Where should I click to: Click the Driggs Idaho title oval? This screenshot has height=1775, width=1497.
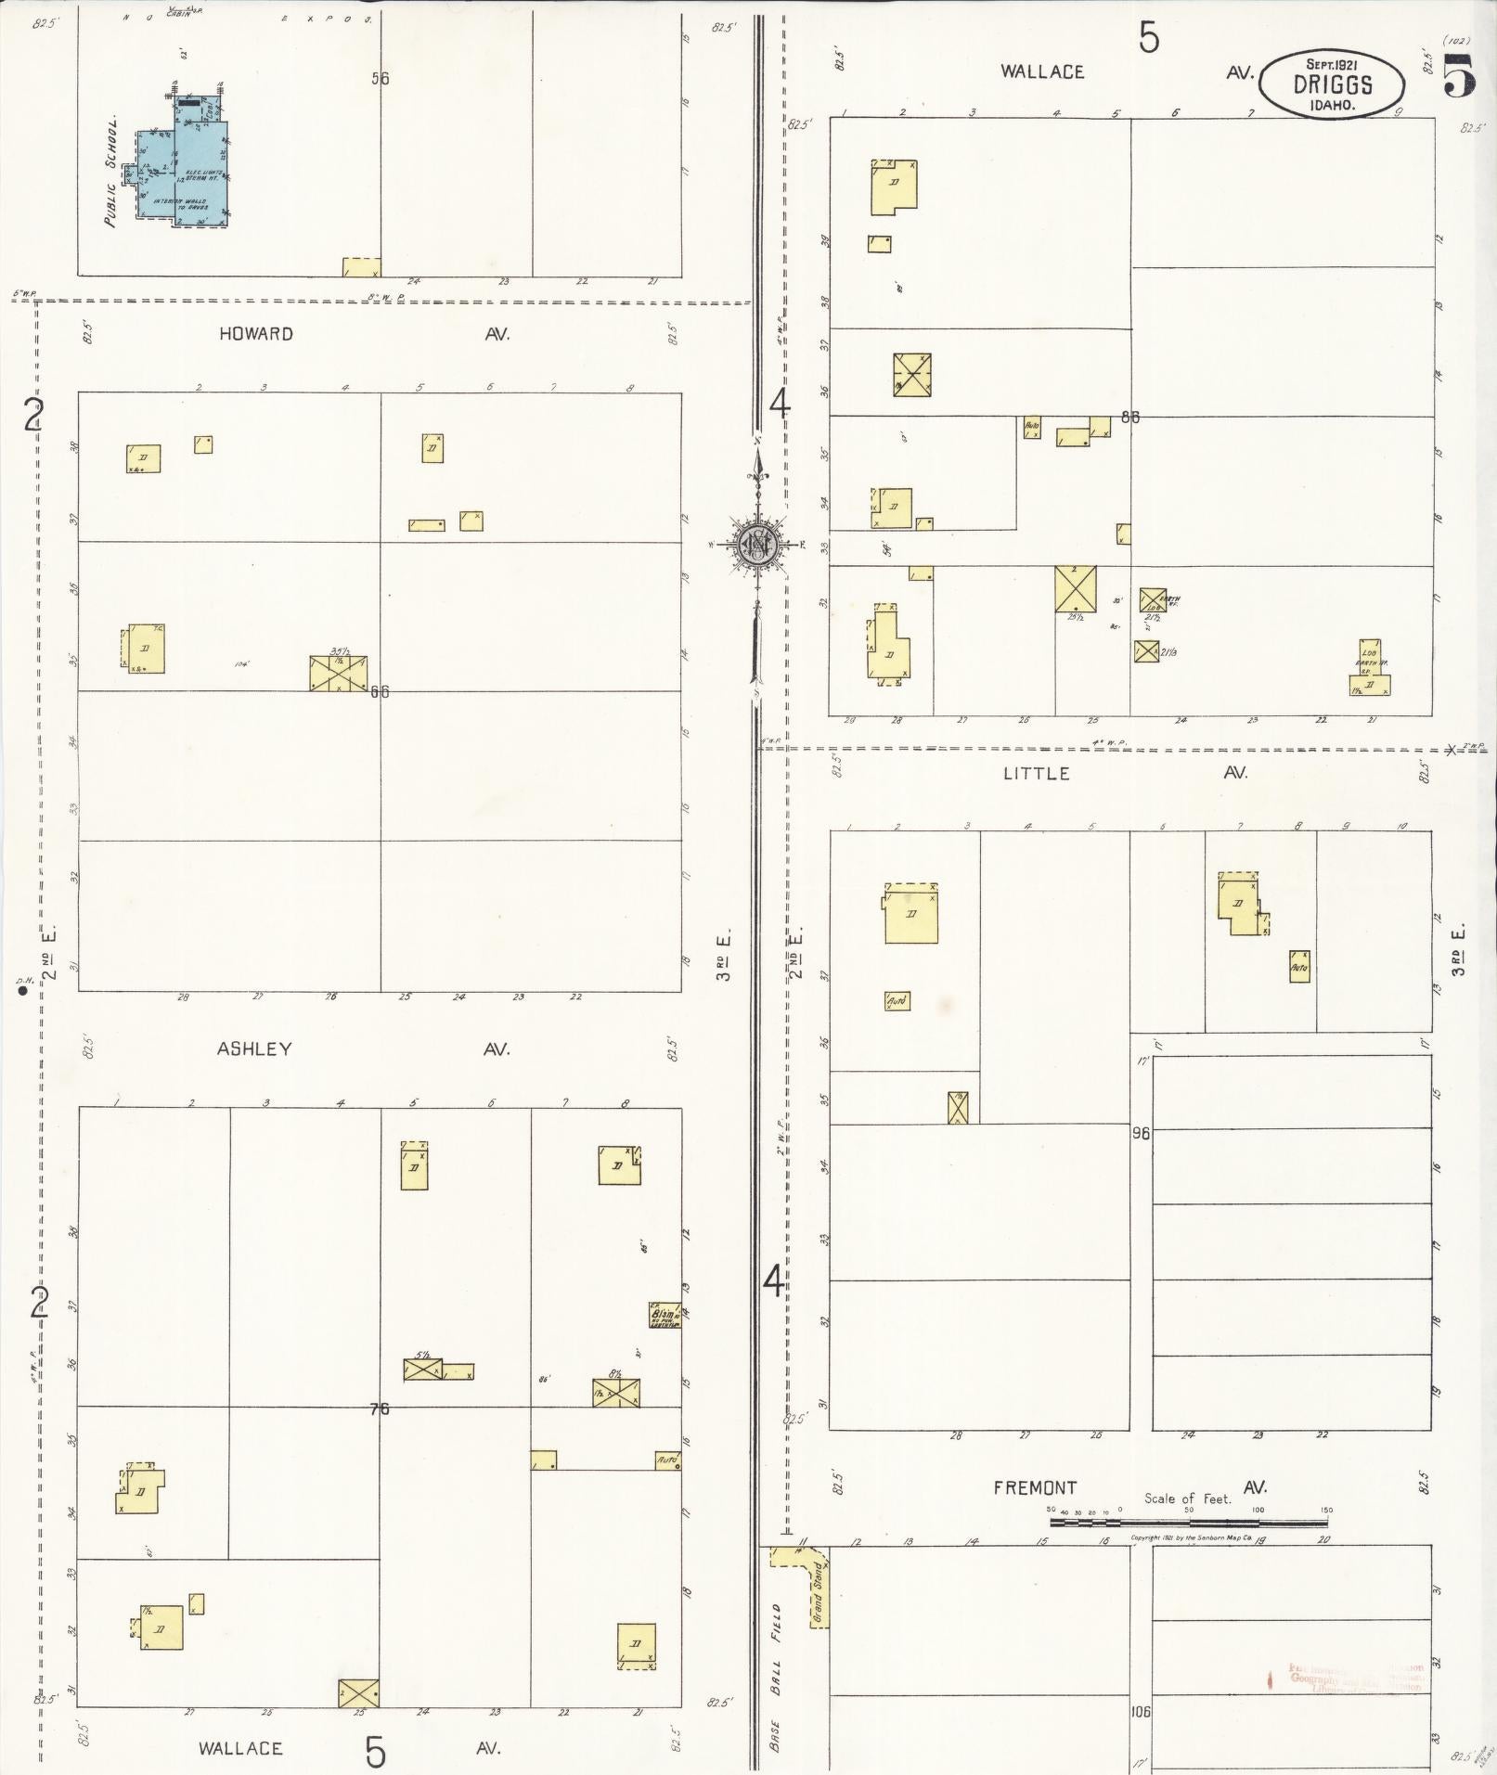(x=1332, y=84)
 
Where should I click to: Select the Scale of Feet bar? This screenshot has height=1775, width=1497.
(x=1188, y=1523)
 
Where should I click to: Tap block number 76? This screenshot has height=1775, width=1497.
(x=379, y=1408)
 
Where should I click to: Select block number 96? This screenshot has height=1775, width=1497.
(x=1141, y=1133)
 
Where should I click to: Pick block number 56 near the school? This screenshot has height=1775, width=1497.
(x=380, y=79)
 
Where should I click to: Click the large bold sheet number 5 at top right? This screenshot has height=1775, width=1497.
(x=1460, y=76)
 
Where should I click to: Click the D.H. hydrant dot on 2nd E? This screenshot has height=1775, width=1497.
(x=25, y=991)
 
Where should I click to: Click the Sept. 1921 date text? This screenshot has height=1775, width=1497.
(x=1332, y=64)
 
